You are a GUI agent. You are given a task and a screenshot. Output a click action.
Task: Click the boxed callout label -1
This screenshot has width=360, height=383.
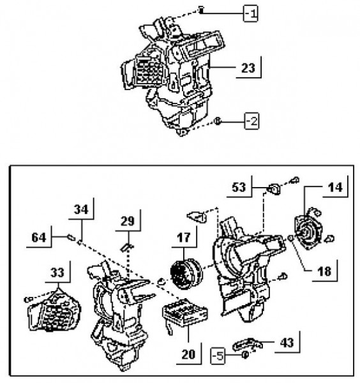click(x=251, y=13)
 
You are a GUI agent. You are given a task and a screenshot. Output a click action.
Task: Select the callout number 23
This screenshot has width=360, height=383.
click(x=248, y=68)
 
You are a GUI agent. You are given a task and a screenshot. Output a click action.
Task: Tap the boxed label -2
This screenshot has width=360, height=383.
click(x=251, y=121)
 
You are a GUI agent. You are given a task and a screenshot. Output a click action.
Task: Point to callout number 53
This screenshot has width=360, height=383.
click(x=239, y=187)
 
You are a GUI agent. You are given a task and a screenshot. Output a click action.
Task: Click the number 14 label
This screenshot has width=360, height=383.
click(x=335, y=187)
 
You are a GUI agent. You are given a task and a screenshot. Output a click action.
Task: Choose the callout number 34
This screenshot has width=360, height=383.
click(x=81, y=209)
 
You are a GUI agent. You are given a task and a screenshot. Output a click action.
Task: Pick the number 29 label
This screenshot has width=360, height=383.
click(x=128, y=222)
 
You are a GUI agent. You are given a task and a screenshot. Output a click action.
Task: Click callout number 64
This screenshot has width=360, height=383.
click(x=39, y=237)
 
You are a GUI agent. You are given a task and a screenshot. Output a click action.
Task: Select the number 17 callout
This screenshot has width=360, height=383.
click(x=184, y=237)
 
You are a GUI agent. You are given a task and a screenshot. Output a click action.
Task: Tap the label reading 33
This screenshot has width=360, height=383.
click(x=57, y=273)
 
